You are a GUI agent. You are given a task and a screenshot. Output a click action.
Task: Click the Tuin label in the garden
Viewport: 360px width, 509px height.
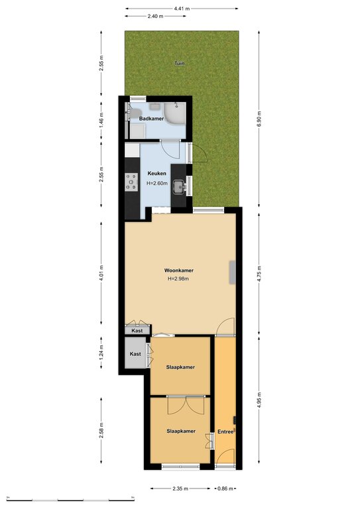coord(180,64)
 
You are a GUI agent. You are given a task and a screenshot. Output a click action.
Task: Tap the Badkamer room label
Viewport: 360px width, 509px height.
coord(151,119)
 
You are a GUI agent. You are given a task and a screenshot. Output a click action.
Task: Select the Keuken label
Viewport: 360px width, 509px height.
coord(156,174)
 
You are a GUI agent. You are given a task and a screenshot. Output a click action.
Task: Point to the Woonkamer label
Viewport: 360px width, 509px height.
coord(179,270)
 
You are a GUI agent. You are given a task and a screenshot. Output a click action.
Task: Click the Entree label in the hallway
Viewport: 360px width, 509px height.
coord(225,431)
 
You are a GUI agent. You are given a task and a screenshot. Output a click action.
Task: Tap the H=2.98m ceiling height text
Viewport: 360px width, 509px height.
coord(178,278)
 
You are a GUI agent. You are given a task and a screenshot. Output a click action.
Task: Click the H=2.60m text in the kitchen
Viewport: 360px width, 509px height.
coord(157,183)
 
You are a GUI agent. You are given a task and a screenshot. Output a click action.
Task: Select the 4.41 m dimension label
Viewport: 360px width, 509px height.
coord(182,9)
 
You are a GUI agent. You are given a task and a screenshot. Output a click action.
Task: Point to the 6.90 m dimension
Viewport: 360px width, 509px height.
coord(259,119)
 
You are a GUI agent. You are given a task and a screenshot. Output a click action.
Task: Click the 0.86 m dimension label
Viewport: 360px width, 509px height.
coord(225,488)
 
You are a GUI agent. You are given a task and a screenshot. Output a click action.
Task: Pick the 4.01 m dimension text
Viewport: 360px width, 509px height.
coord(101,273)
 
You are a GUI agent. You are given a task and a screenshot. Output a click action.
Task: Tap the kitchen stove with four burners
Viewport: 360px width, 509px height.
coord(131,182)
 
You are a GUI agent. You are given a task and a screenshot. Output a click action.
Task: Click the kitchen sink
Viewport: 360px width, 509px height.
coord(179,187)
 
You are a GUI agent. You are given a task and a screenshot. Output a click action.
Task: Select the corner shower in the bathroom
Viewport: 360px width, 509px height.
coord(174,113)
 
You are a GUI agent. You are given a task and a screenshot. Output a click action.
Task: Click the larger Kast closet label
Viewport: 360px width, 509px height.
coord(135,354)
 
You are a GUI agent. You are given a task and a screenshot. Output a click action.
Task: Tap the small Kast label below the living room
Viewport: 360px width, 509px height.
coord(137,331)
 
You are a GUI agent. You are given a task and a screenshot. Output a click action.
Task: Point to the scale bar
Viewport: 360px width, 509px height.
coord(70,499)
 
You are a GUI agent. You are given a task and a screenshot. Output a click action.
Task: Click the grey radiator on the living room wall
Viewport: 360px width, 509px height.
coord(233,272)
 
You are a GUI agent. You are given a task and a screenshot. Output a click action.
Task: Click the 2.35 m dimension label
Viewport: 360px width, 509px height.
coord(180,488)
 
